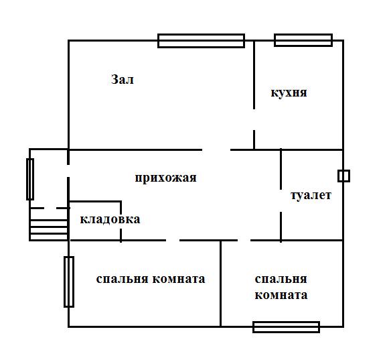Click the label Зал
[x=123, y=80]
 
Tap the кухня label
[x=289, y=93]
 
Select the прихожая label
[x=165, y=178]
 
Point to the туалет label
[x=311, y=196]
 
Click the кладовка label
[x=110, y=219]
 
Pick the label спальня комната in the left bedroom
[x=150, y=279]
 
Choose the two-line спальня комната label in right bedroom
[x=281, y=287]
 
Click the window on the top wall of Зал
[x=201, y=41]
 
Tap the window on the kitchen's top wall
[x=303, y=40]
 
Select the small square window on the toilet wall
[x=343, y=176]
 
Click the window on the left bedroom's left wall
[x=69, y=282]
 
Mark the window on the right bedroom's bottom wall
[x=286, y=327]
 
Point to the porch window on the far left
[x=30, y=179]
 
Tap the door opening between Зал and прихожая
[x=216, y=149]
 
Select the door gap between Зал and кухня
[x=254, y=119]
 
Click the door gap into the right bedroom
[x=244, y=240]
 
